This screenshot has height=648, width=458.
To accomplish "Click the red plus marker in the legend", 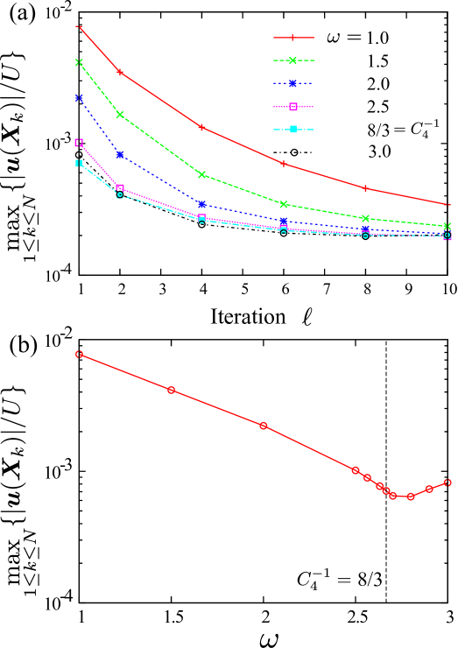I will point(293,38).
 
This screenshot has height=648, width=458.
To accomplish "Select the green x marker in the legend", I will point(293,60).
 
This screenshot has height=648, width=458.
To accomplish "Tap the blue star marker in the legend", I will point(293,83).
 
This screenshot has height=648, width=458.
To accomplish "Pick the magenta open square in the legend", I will point(293,107).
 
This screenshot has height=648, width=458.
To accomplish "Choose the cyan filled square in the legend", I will point(293,130).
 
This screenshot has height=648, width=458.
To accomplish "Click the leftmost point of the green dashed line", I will point(79,62).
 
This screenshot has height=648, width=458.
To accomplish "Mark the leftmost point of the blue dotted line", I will point(79,98).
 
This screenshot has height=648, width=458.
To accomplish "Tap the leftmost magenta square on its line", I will point(79,142).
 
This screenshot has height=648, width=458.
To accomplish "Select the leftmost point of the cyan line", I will point(79,163).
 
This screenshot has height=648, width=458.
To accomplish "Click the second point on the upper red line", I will point(120,72).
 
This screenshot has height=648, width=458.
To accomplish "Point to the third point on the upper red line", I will point(202,127).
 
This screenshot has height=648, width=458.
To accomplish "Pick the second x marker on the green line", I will point(120,115).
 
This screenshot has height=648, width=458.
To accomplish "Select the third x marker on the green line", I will point(202,174).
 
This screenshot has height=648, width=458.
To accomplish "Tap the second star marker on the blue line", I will point(120,155).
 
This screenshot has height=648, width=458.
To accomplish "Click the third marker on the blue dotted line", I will point(202,204).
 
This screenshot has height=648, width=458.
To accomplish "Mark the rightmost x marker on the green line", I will point(447,226).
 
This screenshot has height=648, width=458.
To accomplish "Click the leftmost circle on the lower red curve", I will point(79,355).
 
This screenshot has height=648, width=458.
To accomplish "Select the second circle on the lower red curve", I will point(172,390).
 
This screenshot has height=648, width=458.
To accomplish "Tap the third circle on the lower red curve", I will point(264,426).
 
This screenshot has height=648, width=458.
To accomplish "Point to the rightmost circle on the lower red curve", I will point(447,482).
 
